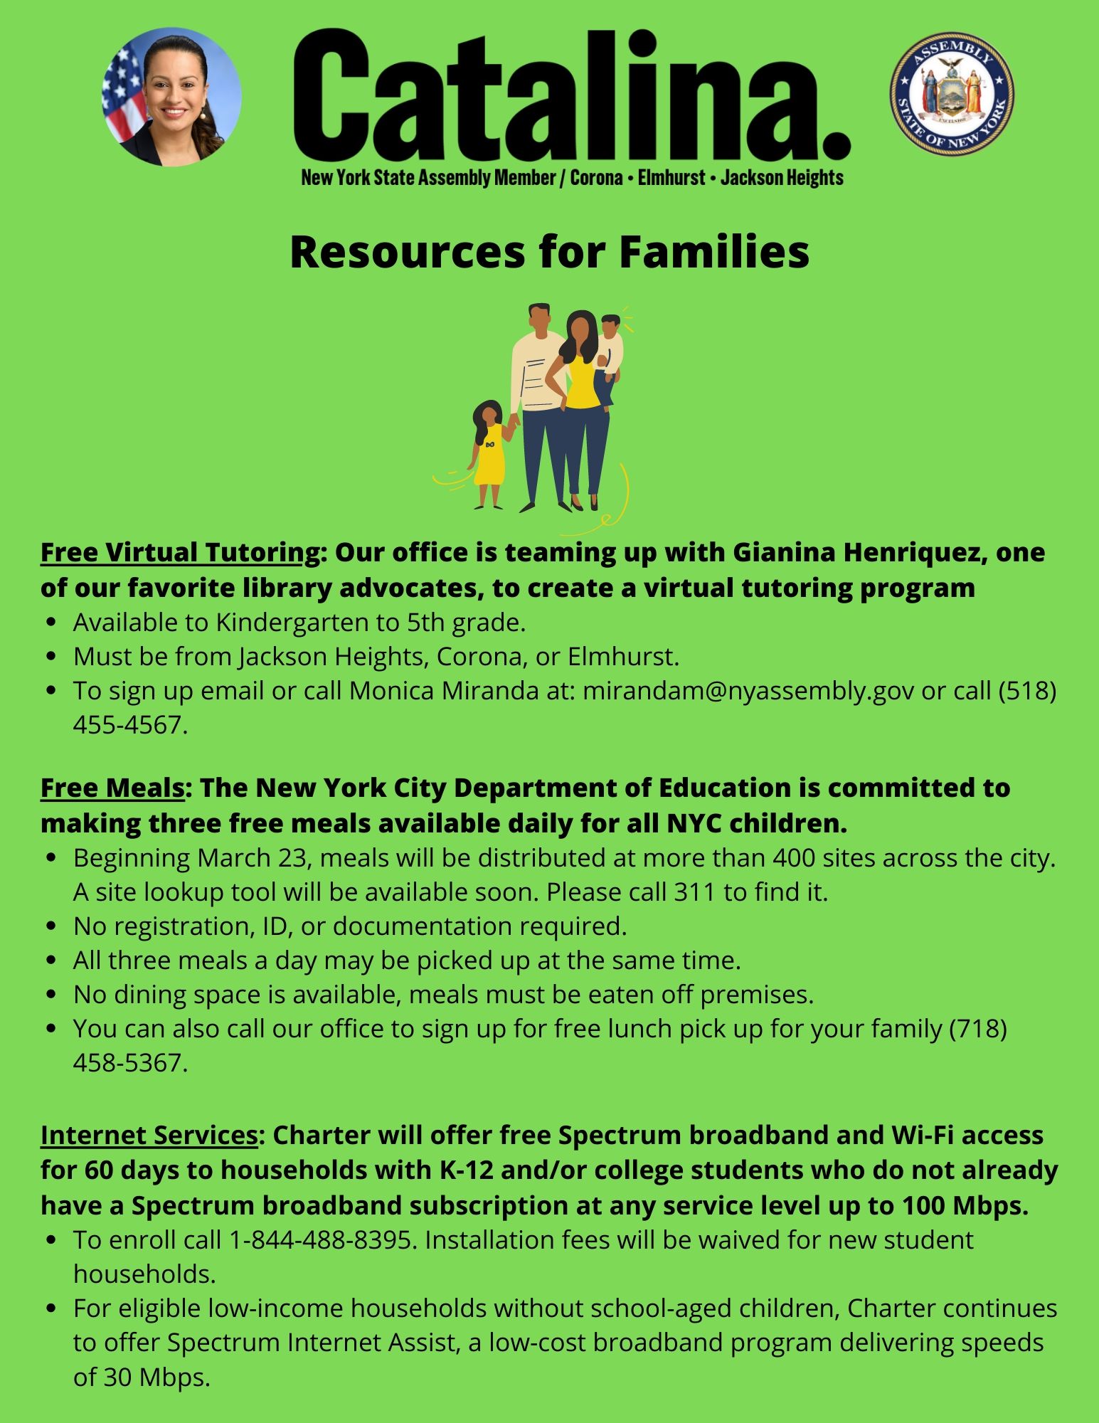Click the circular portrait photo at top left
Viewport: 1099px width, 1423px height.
pos(172,97)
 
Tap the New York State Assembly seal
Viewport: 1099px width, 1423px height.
pos(951,93)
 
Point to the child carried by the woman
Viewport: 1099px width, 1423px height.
pos(610,352)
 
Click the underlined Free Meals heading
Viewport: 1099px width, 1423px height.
pos(112,788)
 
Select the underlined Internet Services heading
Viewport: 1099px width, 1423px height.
pos(149,1135)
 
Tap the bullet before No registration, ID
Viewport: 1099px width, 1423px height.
pos(51,926)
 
